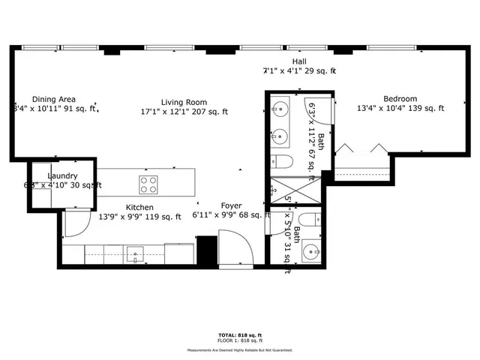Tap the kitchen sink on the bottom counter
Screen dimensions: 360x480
(135, 253)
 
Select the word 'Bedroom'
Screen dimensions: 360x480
(400, 98)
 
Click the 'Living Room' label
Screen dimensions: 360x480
(184, 102)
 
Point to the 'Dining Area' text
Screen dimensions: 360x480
(53, 99)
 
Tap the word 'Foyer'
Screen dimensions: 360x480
(231, 205)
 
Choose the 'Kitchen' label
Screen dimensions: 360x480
(139, 208)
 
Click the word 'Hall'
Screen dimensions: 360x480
(299, 61)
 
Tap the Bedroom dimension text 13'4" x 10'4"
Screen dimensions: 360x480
(400, 109)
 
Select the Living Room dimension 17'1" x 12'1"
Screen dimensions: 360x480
(184, 112)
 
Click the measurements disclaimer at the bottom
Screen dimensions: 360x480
(239, 349)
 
